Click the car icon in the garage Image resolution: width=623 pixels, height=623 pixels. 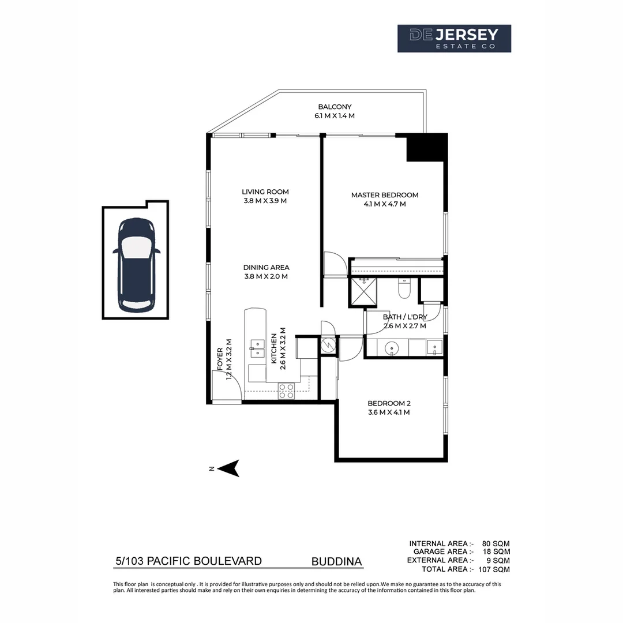(136, 265)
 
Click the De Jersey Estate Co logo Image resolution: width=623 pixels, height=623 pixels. (454, 39)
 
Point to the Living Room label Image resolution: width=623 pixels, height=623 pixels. (265, 192)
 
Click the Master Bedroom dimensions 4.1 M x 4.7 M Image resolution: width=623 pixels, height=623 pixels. (385, 204)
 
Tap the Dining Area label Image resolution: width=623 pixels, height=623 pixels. (266, 268)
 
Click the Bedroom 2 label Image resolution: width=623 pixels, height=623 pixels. (388, 403)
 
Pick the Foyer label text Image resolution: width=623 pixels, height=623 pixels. (220, 359)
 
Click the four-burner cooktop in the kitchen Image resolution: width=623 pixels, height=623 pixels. (287, 391)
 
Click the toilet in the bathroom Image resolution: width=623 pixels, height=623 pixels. (404, 289)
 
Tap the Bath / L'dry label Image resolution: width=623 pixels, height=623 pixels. (404, 317)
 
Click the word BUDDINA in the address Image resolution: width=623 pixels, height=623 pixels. (337, 561)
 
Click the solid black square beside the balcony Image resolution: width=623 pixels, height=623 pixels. (427, 147)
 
